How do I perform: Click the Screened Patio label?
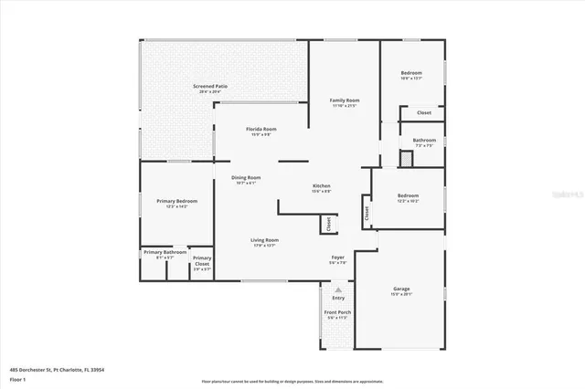click(210, 86)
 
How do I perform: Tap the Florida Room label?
click(261, 129)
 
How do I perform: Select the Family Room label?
click(345, 100)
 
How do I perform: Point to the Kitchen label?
click(321, 185)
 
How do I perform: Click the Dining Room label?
click(246, 177)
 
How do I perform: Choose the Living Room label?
click(264, 240)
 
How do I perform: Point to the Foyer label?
click(337, 258)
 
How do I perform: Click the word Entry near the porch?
click(338, 298)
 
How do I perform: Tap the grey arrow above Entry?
click(338, 289)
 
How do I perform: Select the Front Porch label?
click(337, 312)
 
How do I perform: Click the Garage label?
click(402, 289)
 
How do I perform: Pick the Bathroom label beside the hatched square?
click(425, 140)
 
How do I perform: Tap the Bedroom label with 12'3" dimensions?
click(408, 195)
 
